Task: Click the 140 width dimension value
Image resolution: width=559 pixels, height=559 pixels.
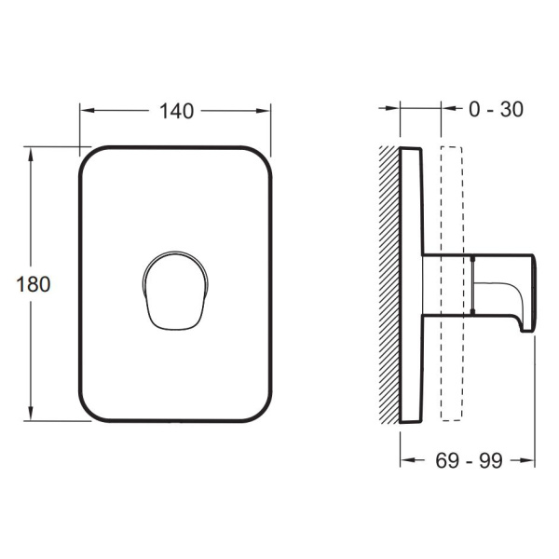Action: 176,111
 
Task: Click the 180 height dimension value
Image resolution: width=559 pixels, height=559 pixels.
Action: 34,284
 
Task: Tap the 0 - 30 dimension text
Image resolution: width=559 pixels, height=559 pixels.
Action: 496,109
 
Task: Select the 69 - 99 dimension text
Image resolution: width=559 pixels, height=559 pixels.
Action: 469,460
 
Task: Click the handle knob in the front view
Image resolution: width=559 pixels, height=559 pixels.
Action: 175,291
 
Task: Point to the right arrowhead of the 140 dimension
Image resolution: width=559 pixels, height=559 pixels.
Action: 263,111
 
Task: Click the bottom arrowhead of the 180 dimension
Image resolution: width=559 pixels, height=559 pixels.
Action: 31,413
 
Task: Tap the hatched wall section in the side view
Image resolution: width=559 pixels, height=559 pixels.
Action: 389,285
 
